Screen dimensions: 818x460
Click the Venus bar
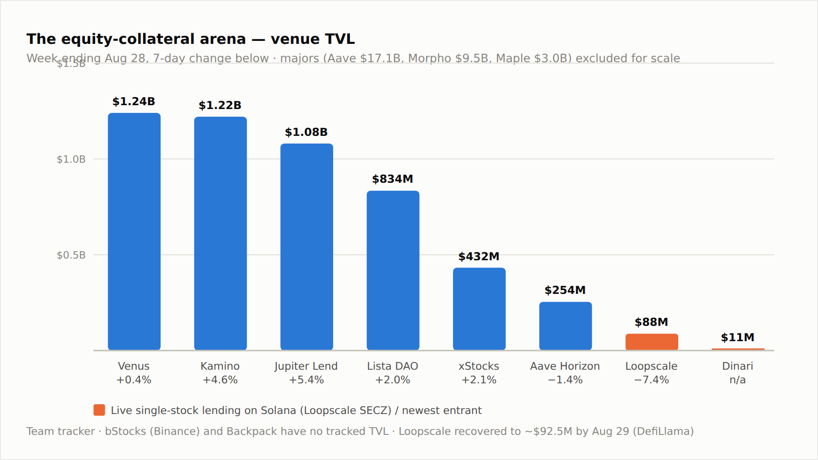(134, 231)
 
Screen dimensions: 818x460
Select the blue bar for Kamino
(220, 233)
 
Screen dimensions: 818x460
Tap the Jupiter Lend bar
(307, 247)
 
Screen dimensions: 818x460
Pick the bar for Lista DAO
(393, 270)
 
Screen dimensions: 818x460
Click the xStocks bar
(479, 309)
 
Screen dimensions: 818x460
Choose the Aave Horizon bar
(565, 326)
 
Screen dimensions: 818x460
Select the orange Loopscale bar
(652, 342)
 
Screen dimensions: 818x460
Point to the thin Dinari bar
(738, 349)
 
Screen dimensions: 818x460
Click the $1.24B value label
(134, 101)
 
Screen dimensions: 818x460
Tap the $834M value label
(392, 179)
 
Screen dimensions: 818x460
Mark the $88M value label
(651, 322)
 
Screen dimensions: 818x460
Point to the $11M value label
(737, 337)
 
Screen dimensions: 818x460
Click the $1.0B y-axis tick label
(71, 159)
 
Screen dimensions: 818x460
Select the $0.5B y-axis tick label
(71, 255)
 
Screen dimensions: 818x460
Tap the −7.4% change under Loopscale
(651, 379)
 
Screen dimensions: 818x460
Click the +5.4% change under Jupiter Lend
(306, 379)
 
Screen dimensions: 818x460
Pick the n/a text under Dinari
(737, 379)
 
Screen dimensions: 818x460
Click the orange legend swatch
(99, 410)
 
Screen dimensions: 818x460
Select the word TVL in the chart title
(340, 39)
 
